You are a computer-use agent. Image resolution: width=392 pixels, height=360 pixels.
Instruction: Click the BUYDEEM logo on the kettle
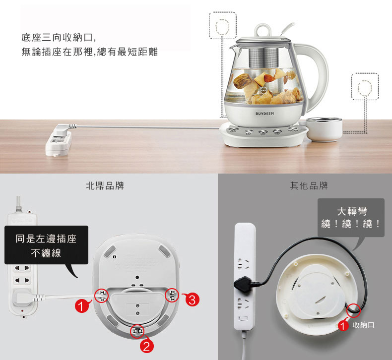[x=264, y=114]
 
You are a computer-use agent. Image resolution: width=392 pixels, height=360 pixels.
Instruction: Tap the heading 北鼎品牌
[x=105, y=186]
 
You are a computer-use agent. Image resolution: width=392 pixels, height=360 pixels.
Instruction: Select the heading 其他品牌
[x=309, y=186]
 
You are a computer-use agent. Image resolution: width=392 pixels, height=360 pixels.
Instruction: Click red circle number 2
[x=146, y=346]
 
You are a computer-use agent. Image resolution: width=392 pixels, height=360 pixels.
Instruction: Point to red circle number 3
[x=192, y=300]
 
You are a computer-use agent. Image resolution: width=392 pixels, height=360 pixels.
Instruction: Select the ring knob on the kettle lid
[x=262, y=30]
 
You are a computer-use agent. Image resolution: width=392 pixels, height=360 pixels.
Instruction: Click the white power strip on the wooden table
[x=58, y=140]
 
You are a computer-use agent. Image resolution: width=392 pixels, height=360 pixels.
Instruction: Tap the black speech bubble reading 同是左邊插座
[x=46, y=245]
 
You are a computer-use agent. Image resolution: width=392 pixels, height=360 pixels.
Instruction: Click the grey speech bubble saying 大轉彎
[x=351, y=218]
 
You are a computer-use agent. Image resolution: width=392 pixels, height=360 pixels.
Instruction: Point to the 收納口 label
[x=364, y=325]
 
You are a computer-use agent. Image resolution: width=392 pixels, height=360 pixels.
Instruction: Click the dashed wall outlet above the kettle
[x=222, y=25]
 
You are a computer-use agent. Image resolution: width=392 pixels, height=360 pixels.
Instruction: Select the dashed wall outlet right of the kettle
[x=365, y=86]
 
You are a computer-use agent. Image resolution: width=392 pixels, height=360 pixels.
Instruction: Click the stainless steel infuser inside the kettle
[x=264, y=59]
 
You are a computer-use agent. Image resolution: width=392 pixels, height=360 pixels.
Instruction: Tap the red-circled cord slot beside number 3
[x=172, y=295]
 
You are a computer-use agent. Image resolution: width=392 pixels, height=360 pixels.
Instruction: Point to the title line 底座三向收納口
[x=59, y=38]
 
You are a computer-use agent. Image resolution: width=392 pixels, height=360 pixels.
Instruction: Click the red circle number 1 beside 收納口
[x=343, y=325]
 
